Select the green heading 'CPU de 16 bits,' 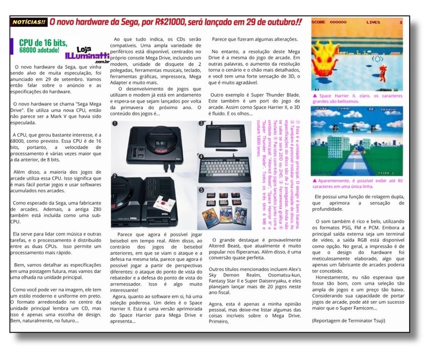(x=42, y=42)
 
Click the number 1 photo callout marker (x=115, y=124)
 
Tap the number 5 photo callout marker (x=200, y=190)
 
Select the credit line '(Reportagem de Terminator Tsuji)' (x=348, y=320)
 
